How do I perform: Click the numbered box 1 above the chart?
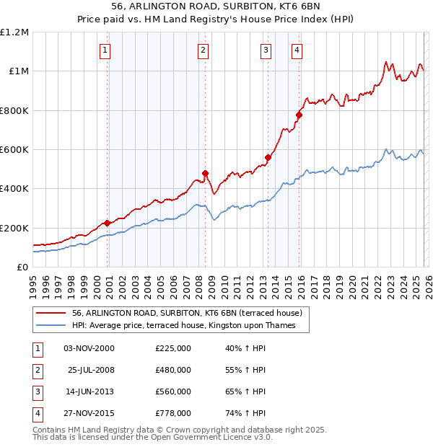[x=105, y=50]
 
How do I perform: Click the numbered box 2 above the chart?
[x=204, y=50]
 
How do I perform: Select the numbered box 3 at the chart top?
[x=266, y=50]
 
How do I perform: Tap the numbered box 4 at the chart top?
[x=297, y=50]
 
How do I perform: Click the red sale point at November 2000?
[x=108, y=223]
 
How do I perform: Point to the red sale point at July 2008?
[x=206, y=173]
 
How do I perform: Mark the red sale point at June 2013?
[x=268, y=157]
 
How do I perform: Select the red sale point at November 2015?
[x=299, y=115]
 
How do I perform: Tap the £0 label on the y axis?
[x=22, y=267]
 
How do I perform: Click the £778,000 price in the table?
[x=173, y=413]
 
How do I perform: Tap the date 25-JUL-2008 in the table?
[x=90, y=370]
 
